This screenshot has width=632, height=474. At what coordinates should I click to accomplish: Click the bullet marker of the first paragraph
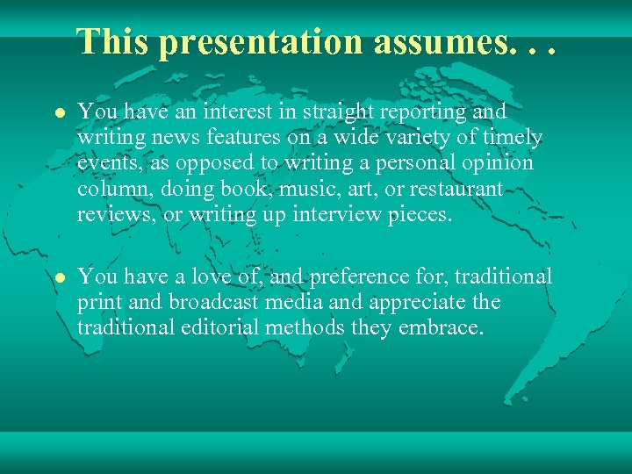(59, 113)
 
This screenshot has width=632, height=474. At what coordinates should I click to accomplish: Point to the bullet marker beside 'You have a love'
(59, 277)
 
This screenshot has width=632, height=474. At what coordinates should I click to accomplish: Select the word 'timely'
(512, 139)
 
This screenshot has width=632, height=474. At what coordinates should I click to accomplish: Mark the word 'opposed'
(214, 164)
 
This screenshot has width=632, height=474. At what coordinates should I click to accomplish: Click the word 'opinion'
(502, 164)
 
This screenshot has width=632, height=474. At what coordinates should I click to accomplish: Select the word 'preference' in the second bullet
(350, 277)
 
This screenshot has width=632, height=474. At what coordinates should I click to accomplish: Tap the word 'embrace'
(444, 328)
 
